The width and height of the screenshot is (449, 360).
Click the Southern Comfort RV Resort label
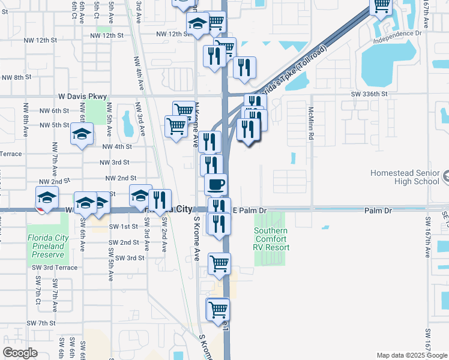coord(271,239)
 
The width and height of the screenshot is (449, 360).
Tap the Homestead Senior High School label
coord(405,177)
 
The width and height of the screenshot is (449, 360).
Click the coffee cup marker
coord(216,184)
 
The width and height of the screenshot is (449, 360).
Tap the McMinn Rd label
coord(311,124)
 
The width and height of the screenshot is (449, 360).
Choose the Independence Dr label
coord(397,41)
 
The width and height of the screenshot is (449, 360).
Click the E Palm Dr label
coord(249,211)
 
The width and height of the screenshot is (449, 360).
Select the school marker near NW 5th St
coord(82,134)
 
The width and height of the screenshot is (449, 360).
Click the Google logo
coord(20,353)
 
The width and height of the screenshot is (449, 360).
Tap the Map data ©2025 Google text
coord(411,355)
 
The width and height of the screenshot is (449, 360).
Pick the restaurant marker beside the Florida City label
coord(160,200)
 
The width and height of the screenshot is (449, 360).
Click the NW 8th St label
coord(16,77)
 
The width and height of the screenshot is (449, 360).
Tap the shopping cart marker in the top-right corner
coord(381,6)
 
